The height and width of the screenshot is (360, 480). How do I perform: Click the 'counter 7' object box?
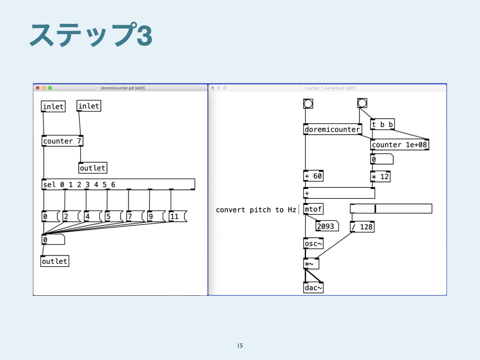tap(63, 141)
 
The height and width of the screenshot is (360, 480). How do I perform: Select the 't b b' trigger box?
tap(382, 125)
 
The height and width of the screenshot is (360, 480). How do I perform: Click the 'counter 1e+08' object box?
tap(399, 145)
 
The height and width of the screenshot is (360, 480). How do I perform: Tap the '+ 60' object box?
tap(314, 176)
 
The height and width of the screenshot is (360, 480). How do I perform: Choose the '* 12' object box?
tap(380, 177)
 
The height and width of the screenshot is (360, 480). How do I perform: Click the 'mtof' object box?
tap(313, 209)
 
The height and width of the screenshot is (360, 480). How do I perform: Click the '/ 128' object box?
tap(362, 227)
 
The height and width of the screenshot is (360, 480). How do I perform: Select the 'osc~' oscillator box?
tap(313, 244)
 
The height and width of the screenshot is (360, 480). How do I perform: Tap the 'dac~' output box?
tap(313, 288)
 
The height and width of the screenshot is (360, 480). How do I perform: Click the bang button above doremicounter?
tap(308, 104)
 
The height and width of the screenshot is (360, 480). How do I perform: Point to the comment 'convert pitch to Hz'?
tap(255, 210)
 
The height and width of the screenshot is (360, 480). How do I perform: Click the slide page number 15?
tap(240, 346)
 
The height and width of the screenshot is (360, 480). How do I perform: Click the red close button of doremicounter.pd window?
tap(38, 88)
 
